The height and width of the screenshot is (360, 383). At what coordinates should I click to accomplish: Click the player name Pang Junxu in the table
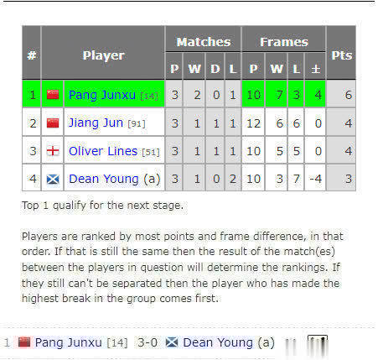[102, 95]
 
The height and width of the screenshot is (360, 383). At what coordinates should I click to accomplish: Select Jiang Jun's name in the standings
[96, 123]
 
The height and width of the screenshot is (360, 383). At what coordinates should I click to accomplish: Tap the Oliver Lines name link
[103, 151]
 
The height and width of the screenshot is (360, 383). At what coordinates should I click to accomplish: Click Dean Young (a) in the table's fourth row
[115, 179]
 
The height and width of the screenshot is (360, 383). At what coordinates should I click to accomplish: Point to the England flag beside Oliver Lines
[53, 151]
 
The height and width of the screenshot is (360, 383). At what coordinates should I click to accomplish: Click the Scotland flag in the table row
[53, 179]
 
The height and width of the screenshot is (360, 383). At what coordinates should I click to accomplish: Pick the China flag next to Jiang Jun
[53, 123]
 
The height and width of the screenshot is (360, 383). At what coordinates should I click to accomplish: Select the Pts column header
[342, 55]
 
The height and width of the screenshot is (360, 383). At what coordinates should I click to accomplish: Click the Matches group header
[204, 42]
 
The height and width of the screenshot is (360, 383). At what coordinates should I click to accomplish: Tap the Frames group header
[284, 42]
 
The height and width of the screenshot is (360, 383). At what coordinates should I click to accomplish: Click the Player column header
[103, 55]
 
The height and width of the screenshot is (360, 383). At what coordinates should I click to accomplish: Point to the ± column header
[316, 69]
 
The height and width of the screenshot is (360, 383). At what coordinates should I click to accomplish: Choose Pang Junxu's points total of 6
[348, 95]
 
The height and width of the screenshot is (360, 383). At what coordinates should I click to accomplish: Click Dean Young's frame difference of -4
[316, 179]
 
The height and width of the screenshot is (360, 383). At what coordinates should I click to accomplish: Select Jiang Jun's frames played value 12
[253, 123]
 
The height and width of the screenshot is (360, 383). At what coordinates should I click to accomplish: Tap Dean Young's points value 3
[349, 179]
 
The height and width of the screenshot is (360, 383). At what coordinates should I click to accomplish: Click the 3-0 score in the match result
[148, 342]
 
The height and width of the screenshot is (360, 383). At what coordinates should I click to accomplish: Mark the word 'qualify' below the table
[70, 206]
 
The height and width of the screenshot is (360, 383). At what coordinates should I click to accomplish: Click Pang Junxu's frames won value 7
[279, 95]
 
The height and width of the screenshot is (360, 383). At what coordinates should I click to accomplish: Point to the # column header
[32, 55]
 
